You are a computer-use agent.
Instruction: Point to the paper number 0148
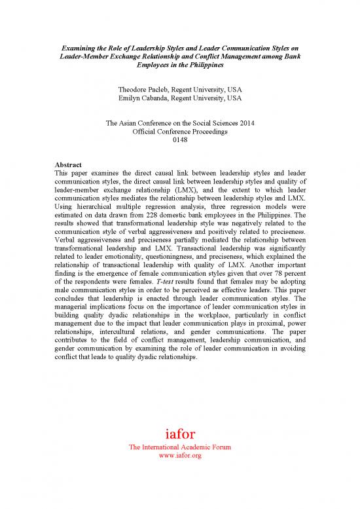coord(179,141)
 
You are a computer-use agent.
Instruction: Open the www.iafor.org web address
coord(179,455)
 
